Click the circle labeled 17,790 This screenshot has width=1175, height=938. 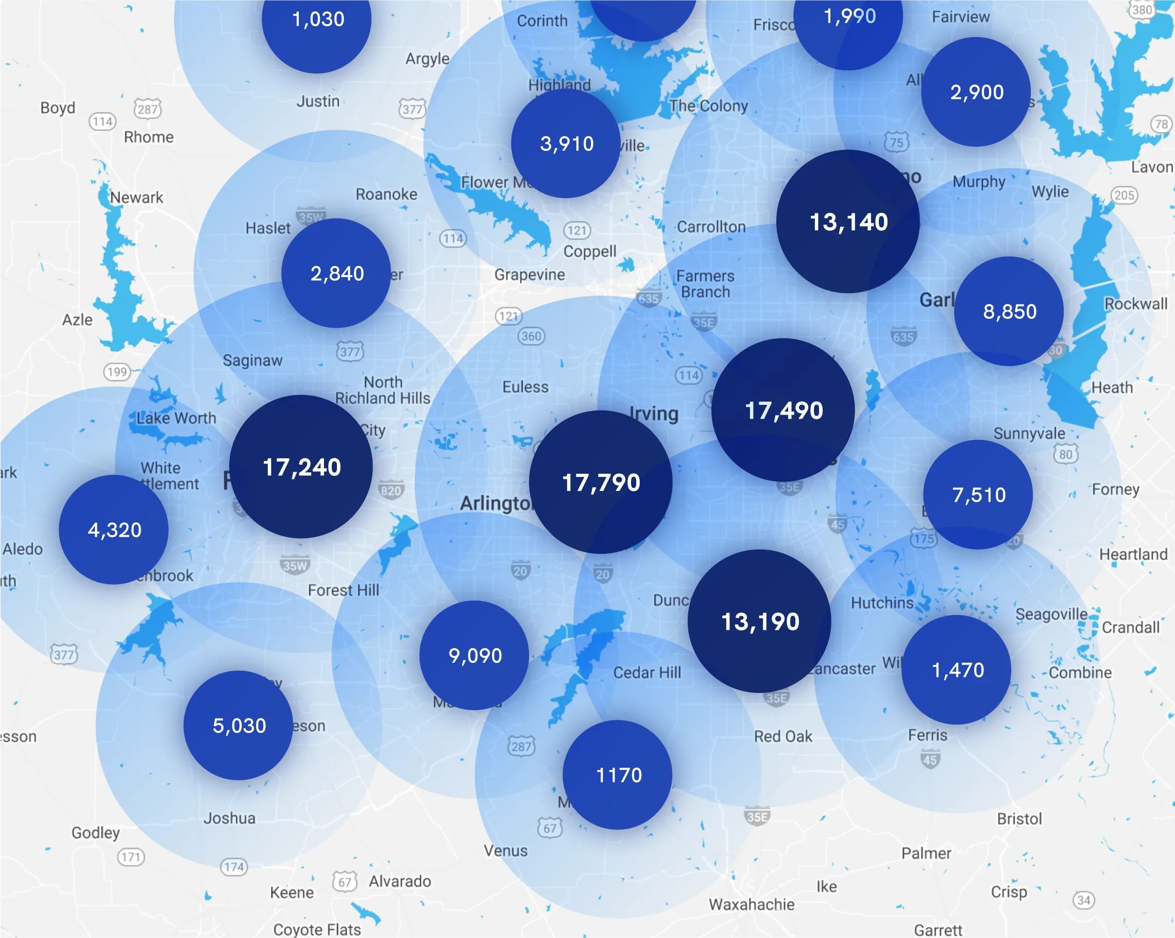click(x=601, y=482)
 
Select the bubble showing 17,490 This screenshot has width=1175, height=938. click(x=783, y=411)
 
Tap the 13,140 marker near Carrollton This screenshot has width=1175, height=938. click(x=848, y=222)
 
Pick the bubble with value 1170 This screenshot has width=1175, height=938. click(x=618, y=775)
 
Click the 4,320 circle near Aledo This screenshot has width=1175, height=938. click(x=114, y=530)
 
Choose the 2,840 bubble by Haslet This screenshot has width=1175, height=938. click(x=336, y=273)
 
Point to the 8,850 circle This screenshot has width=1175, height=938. click(x=1009, y=311)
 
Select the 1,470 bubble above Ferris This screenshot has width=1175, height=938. click(x=957, y=670)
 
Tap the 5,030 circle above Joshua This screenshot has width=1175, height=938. click(x=238, y=725)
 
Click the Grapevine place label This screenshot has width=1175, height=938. click(x=529, y=275)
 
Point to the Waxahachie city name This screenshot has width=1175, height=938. click(x=752, y=904)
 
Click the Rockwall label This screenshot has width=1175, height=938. click(x=1136, y=303)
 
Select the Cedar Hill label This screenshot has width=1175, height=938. click(x=647, y=673)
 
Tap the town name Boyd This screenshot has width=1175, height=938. click(x=58, y=108)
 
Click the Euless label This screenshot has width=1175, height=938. click(x=525, y=387)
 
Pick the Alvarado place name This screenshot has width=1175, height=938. click(x=400, y=881)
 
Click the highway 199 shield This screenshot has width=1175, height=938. click(x=116, y=372)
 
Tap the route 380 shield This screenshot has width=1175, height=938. click(x=1141, y=10)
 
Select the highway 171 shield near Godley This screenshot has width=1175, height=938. click(x=131, y=857)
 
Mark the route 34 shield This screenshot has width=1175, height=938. click(x=1083, y=900)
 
